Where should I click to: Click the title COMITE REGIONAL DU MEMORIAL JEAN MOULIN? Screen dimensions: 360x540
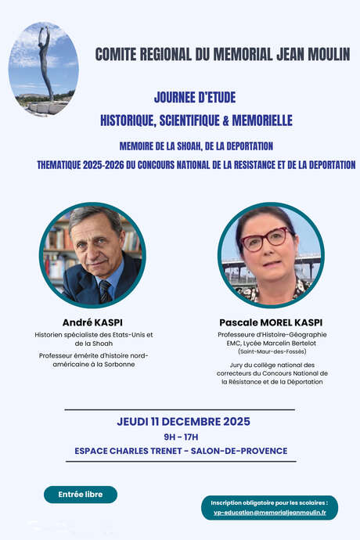(222, 54)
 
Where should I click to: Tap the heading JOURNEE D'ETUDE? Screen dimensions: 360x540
(195, 97)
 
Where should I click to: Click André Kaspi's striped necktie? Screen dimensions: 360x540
(104, 291)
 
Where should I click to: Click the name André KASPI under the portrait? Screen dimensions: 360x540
(94, 322)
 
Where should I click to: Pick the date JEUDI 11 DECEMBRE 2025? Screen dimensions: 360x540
(184, 421)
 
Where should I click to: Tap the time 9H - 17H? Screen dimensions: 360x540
(181, 437)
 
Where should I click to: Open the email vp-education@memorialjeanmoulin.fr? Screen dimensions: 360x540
(270, 513)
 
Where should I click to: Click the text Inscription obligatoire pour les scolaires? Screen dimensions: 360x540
(268, 502)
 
